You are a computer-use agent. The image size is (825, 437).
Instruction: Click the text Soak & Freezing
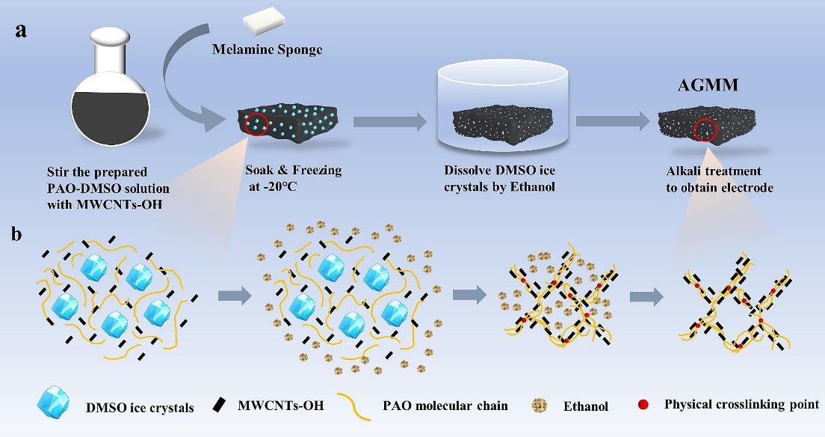pyautogui.click(x=293, y=171)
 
